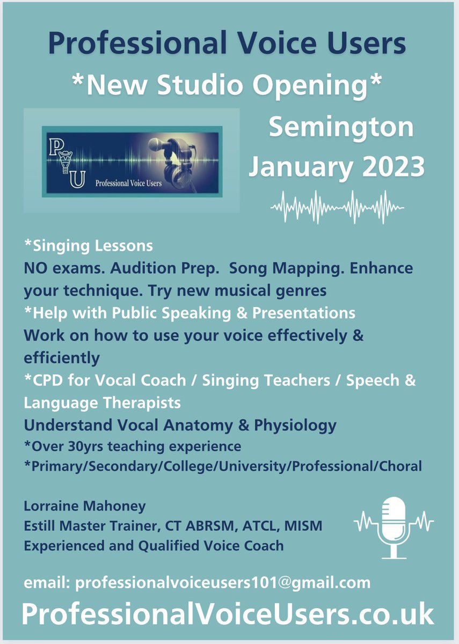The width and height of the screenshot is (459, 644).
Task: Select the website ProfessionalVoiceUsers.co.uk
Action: click(228, 614)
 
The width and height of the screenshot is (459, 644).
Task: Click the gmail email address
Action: click(223, 583)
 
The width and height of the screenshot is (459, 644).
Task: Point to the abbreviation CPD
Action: click(46, 380)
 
